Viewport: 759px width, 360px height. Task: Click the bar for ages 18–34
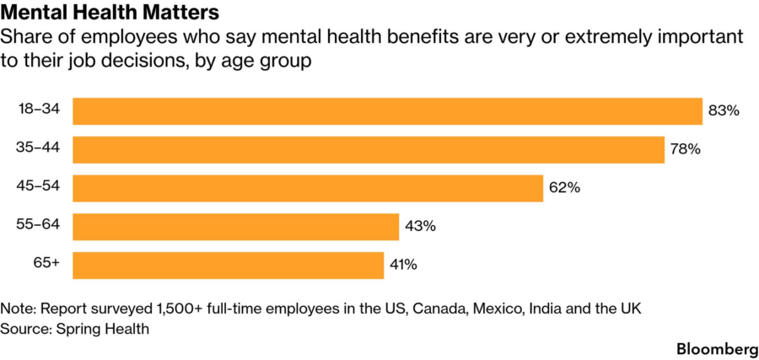click(x=387, y=111)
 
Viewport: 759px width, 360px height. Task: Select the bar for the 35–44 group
click(x=369, y=149)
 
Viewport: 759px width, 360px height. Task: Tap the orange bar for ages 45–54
click(x=308, y=188)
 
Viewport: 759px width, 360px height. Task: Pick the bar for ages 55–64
click(x=236, y=227)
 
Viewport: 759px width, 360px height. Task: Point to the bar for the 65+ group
click(x=228, y=266)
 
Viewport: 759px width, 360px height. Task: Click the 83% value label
click(x=724, y=111)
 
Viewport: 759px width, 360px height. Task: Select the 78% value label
click(x=686, y=149)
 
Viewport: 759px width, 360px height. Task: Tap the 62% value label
click(x=564, y=188)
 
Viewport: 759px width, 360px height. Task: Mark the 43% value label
click(x=421, y=227)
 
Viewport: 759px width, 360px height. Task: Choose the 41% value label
click(x=404, y=266)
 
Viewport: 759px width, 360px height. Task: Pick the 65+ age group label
click(x=46, y=263)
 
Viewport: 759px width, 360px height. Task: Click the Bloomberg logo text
click(x=717, y=349)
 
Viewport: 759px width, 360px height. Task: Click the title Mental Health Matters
click(x=110, y=13)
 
